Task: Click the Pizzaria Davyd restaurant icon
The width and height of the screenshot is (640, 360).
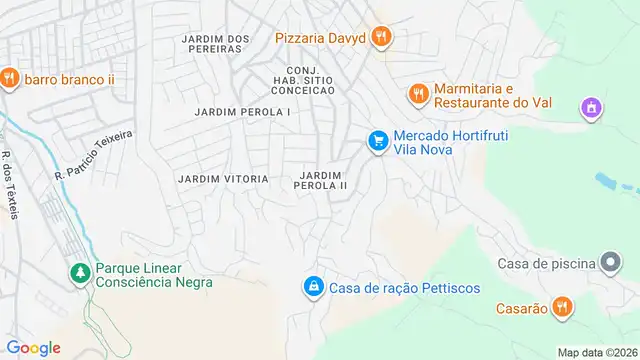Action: click(x=380, y=38)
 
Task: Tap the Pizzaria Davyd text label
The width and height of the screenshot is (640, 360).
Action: click(x=320, y=38)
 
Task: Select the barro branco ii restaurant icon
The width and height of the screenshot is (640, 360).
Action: click(x=8, y=78)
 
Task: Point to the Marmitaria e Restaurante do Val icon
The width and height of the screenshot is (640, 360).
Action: click(x=418, y=94)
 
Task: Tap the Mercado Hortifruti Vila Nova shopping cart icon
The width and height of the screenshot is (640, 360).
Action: click(x=378, y=142)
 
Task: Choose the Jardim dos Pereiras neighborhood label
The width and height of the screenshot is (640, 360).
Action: click(x=215, y=43)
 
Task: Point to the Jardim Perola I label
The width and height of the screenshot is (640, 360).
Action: click(x=243, y=112)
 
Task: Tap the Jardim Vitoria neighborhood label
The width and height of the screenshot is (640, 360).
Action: click(x=222, y=179)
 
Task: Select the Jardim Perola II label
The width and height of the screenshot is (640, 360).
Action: click(x=322, y=180)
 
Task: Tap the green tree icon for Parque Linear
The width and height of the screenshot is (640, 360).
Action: click(x=78, y=273)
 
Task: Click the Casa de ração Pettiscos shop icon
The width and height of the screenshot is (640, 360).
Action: click(x=314, y=287)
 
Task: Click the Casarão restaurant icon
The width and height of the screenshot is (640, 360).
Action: click(x=563, y=307)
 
